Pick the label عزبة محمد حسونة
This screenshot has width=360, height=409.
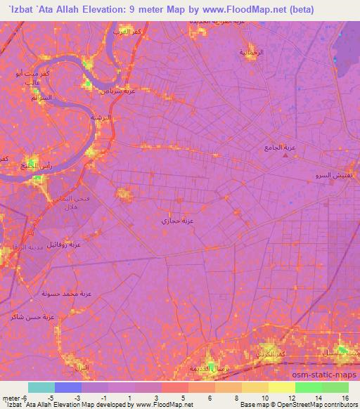tap(67, 292)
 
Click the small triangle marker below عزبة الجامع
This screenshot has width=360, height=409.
tap(285, 155)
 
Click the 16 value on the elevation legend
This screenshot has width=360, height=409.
tap(344, 397)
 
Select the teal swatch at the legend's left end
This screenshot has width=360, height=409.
tap(41, 387)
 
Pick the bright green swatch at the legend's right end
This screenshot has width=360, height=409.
tap(335, 387)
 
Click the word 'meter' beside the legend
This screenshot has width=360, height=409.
tap(11, 397)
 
